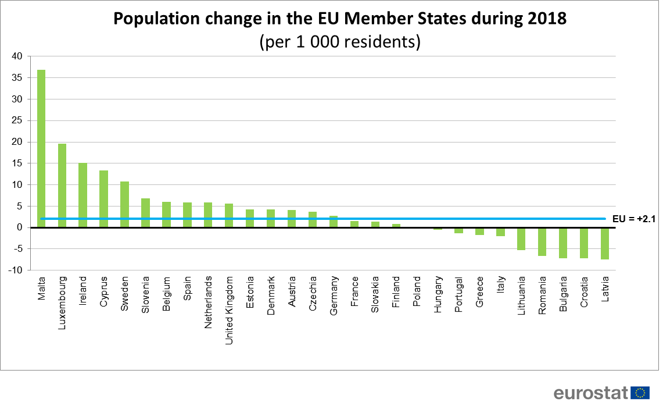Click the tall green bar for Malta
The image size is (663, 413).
pos(41,148)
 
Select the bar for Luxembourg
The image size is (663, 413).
pos(62,186)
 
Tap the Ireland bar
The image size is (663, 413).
pos(83,195)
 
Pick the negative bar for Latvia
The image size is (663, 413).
pos(604,243)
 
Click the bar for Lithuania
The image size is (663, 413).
pos(521,238)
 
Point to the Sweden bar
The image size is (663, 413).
pos(124,204)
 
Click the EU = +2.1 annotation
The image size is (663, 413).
pos(634,219)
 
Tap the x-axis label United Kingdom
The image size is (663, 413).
pos(229,310)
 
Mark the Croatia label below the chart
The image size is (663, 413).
pos(583,293)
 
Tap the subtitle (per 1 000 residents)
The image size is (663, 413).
pos(339,42)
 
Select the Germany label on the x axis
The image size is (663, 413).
pos(334,294)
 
